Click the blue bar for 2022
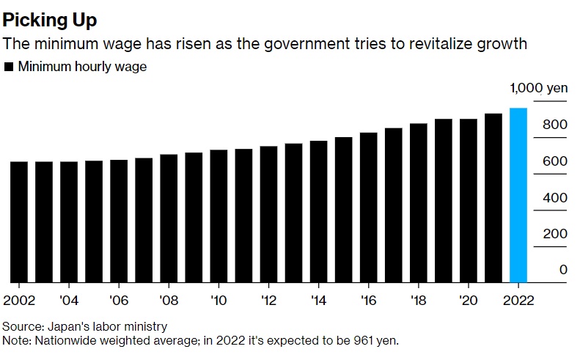coord(518,195)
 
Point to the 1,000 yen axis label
coord(539,88)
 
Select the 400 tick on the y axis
coord(556,197)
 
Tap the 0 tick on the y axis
coord(563,270)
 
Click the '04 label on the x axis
coord(69,301)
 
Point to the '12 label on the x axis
coord(268,301)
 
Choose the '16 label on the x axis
coord(368,301)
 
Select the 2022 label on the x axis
coord(518,301)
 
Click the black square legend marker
coord(9,67)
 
